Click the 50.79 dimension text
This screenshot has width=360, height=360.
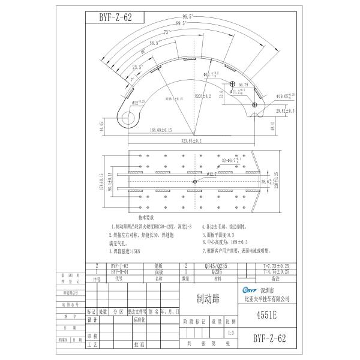pyautogui.click(x=244, y=85)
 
